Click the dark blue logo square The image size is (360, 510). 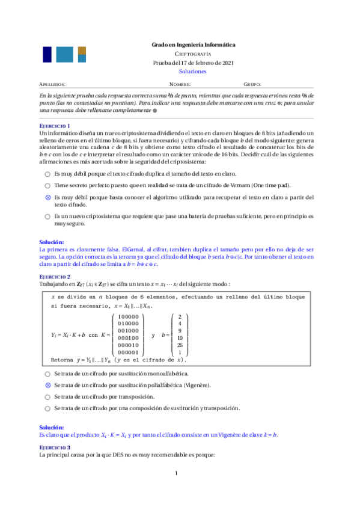point(47,55)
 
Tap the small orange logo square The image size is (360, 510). point(82,50)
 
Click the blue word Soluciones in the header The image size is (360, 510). point(192,71)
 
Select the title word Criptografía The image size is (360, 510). point(193,54)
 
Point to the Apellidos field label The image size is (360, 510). point(52,85)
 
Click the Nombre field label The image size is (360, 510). point(180,85)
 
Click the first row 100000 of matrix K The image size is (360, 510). point(128,316)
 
